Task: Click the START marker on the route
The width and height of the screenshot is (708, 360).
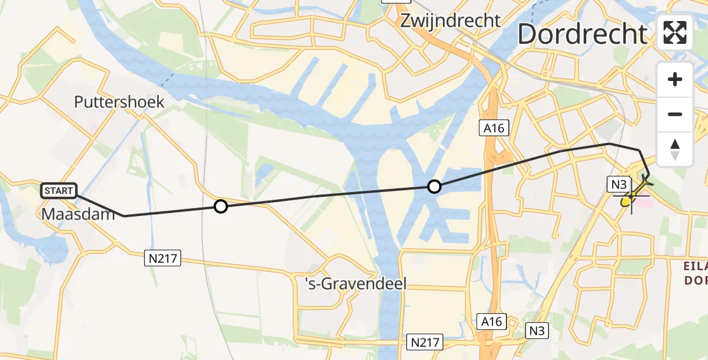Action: pos(59,191)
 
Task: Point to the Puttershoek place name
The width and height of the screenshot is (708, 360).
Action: pos(119,102)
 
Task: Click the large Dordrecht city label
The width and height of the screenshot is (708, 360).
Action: pos(582,34)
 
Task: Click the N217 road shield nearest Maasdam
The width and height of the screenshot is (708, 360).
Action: pos(163,257)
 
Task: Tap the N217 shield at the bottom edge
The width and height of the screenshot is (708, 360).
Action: pos(425,343)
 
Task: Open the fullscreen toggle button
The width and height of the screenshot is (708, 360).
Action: pos(675,32)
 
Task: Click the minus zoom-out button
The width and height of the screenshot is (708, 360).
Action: pos(675,114)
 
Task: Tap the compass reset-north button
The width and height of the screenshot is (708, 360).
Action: pos(675,149)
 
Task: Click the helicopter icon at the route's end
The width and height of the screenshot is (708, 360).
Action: pos(643,184)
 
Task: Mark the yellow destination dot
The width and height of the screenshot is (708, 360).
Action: pos(626,202)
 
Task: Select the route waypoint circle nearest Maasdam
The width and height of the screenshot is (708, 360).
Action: pos(221,206)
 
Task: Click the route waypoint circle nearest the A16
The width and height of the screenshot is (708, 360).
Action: pos(434,187)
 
